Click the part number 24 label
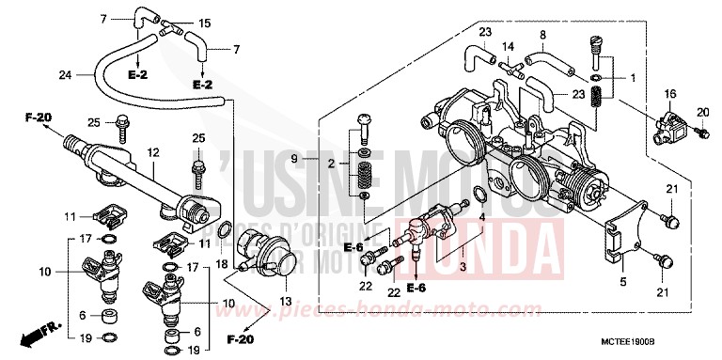click(x=65, y=75)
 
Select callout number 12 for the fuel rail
click(x=152, y=151)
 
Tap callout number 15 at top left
click(x=205, y=22)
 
